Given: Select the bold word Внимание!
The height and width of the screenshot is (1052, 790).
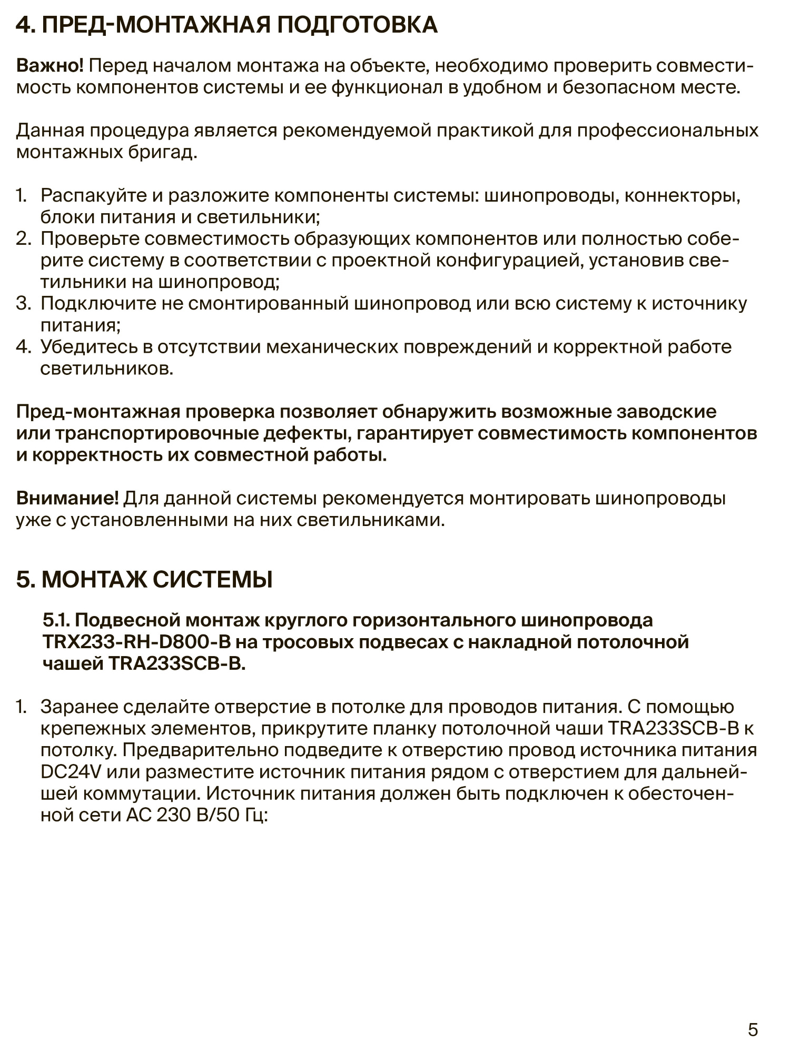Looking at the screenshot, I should [68, 498].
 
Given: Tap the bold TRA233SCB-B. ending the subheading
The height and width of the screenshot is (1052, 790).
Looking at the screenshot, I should [177, 664].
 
